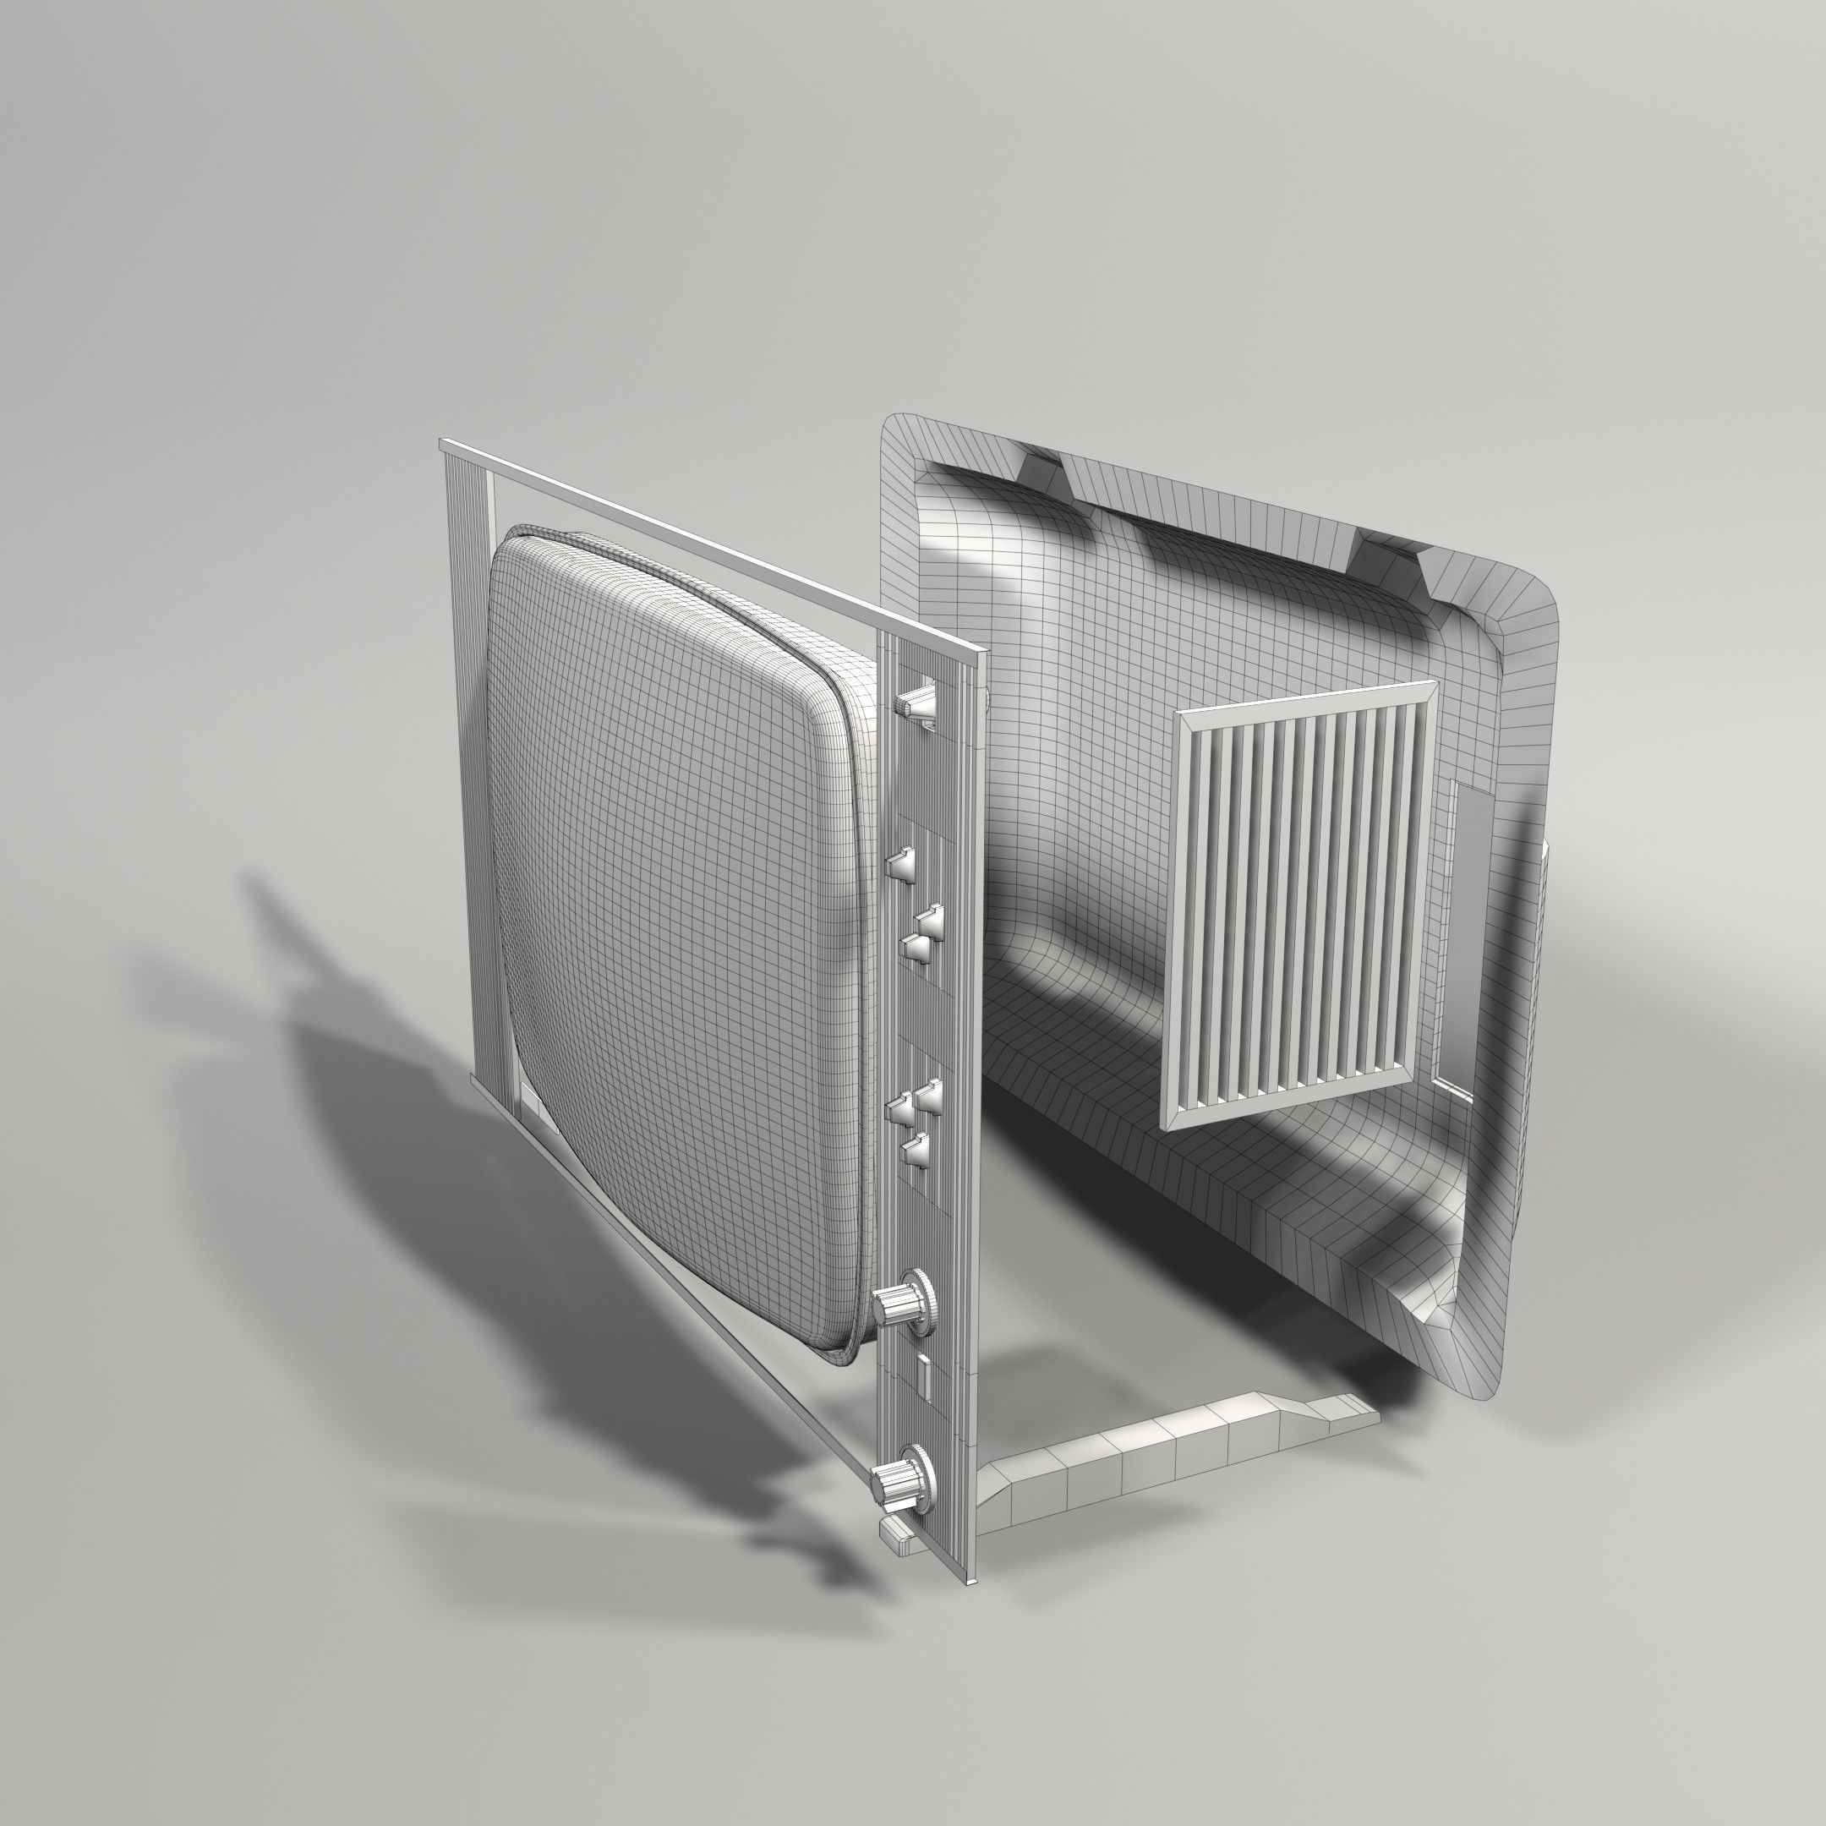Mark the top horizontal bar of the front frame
point(709,548)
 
